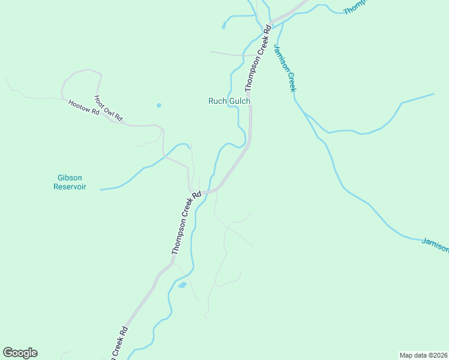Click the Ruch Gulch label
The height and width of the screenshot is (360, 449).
click(x=229, y=101)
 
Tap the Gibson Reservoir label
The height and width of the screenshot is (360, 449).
click(x=70, y=182)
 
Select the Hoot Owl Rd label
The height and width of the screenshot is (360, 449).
click(x=109, y=109)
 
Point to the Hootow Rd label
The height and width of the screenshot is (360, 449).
click(x=83, y=108)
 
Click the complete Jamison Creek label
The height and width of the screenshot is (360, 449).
click(x=285, y=67)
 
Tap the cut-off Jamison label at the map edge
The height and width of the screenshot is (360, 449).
click(x=435, y=244)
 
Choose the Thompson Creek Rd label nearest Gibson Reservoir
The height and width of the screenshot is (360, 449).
click(x=184, y=223)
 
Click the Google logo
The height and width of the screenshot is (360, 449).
click(x=20, y=353)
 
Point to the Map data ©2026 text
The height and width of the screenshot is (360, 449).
click(x=423, y=355)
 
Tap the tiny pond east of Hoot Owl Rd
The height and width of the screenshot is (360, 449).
click(x=158, y=106)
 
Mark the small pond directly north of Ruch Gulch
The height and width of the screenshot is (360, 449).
click(x=224, y=26)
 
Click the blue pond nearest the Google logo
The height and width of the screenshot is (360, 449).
click(x=182, y=285)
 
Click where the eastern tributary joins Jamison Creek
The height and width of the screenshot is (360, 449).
click(x=304, y=113)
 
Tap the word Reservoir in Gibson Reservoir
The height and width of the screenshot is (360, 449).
click(x=70, y=187)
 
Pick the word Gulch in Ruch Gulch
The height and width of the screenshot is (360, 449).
click(x=239, y=101)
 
